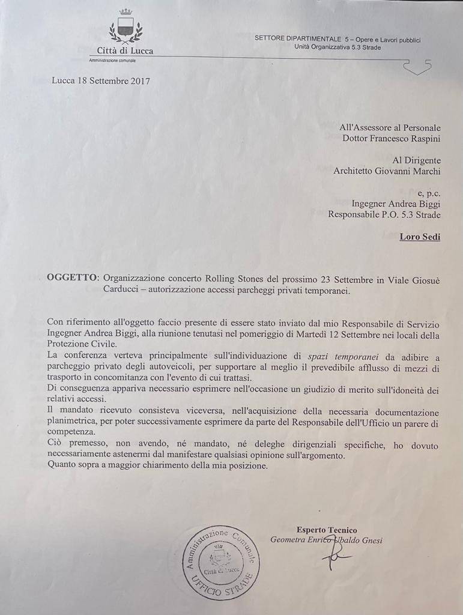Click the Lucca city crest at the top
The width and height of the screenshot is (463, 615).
pyautogui.click(x=125, y=28)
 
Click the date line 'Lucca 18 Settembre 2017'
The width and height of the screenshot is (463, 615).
pyautogui.click(x=101, y=80)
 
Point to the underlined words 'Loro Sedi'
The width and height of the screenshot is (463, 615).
pyautogui.click(x=420, y=237)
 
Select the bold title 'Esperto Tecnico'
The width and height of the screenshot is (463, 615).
pyautogui.click(x=326, y=530)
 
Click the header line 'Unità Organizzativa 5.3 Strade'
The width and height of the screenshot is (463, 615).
pyautogui.click(x=337, y=47)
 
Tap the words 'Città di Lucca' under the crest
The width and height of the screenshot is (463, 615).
pyautogui.click(x=125, y=51)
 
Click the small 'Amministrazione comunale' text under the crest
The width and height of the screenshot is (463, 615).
pyautogui.click(x=112, y=61)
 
